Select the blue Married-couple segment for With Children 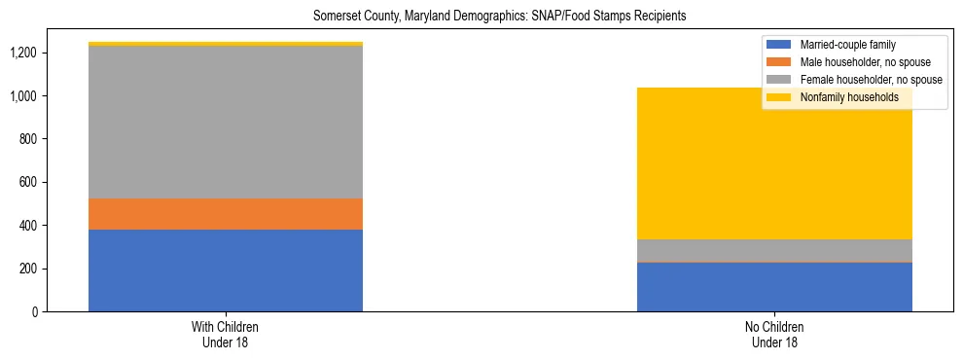pos(226,270)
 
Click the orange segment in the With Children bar pos(226,214)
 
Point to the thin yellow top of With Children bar pos(226,44)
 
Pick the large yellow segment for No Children pos(774,163)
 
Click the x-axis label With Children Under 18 pos(226,335)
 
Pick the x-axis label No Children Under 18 pos(774,335)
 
